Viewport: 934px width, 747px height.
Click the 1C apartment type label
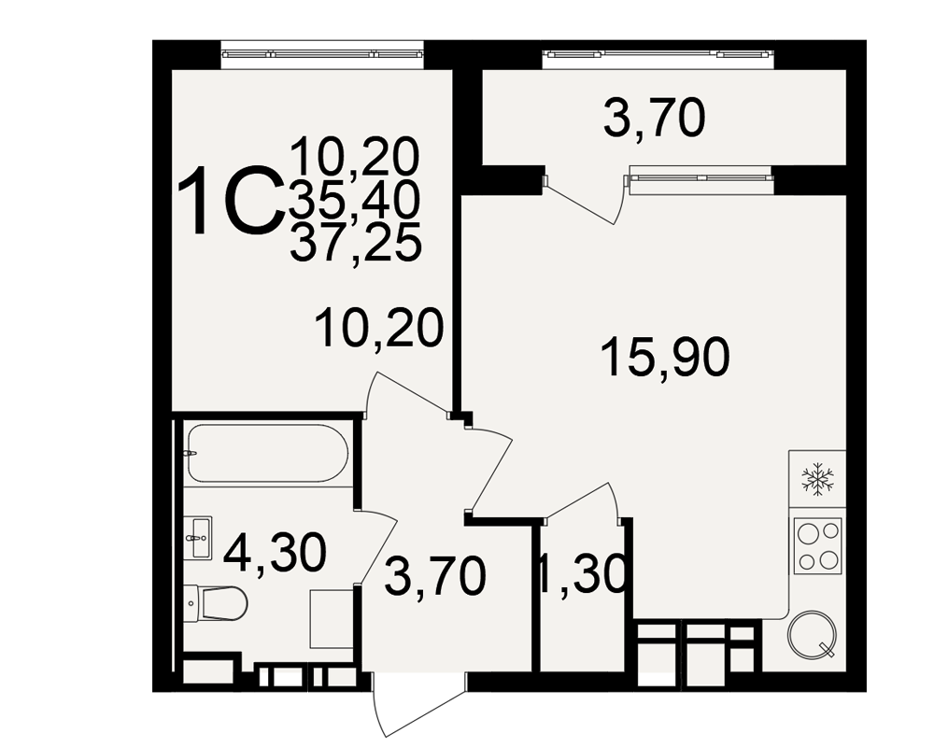[x=230, y=201]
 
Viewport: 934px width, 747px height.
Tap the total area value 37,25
[x=356, y=242]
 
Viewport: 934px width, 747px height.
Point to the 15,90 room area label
[x=665, y=358]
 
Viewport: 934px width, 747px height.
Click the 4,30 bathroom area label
[x=275, y=553]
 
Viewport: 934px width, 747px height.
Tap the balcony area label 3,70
[x=654, y=120]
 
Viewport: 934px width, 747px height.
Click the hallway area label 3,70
[x=435, y=578]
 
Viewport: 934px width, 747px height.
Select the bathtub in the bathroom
[x=267, y=453]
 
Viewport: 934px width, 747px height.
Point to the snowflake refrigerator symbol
[x=817, y=479]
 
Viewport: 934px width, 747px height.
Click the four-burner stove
[x=817, y=545]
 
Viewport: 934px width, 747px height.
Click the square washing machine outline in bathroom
[x=333, y=619]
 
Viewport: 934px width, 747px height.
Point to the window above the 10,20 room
[x=323, y=53]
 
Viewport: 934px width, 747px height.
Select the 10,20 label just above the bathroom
[x=379, y=328]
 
